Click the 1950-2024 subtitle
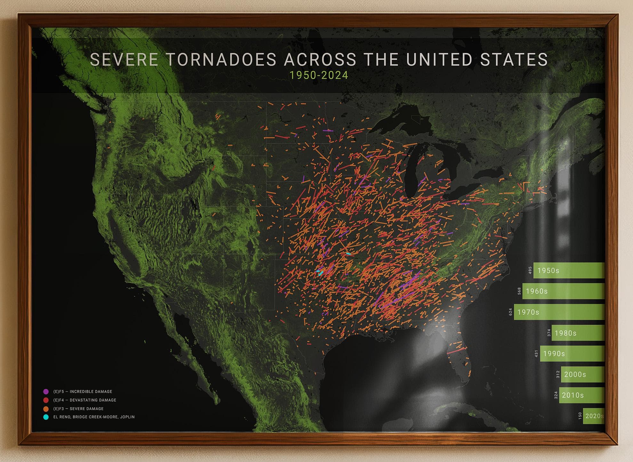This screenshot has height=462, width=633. click(319, 75)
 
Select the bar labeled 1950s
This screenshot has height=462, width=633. click(569, 271)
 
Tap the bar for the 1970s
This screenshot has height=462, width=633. click(559, 312)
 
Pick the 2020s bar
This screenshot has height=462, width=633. click(594, 416)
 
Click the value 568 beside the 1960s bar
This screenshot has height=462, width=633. click(519, 291)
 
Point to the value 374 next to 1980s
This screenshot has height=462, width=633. click(549, 333)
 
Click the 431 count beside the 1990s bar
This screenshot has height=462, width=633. click(537, 354)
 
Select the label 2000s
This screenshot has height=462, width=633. click(575, 374)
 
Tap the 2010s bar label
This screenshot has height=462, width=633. click(573, 395)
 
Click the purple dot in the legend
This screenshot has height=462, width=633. click(46, 392)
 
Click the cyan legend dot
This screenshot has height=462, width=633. click(46, 417)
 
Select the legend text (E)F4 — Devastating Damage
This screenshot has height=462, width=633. click(85, 400)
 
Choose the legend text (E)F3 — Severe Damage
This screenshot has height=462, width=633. click(78, 409)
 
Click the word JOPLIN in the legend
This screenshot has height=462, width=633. click(127, 417)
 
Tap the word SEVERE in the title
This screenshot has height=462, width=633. click(124, 60)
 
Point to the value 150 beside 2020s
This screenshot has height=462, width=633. click(580, 416)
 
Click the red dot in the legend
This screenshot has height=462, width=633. click(46, 400)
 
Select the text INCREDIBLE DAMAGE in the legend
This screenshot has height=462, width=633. click(91, 392)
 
